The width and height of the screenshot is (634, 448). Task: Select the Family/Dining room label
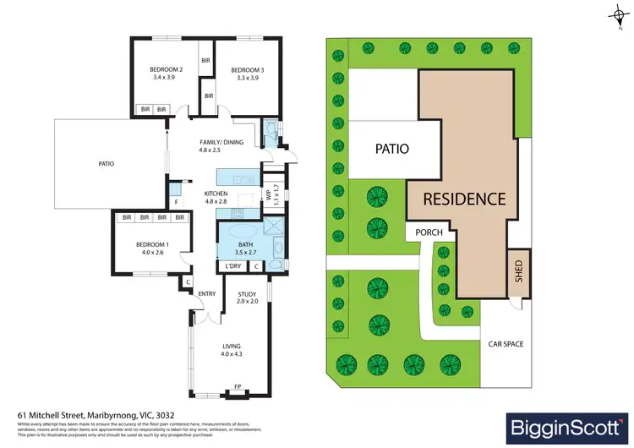(221, 142)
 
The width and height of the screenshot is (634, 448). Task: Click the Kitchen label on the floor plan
(216, 194)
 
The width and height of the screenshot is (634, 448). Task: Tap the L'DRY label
(233, 267)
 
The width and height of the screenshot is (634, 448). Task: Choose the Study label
(247, 294)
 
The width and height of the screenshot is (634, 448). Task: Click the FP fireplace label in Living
(237, 390)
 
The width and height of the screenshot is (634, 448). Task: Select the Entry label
(207, 294)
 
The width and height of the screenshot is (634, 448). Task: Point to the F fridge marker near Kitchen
(176, 203)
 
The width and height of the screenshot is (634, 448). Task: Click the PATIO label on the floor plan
(106, 164)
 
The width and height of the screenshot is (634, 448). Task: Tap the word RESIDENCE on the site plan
(464, 199)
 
